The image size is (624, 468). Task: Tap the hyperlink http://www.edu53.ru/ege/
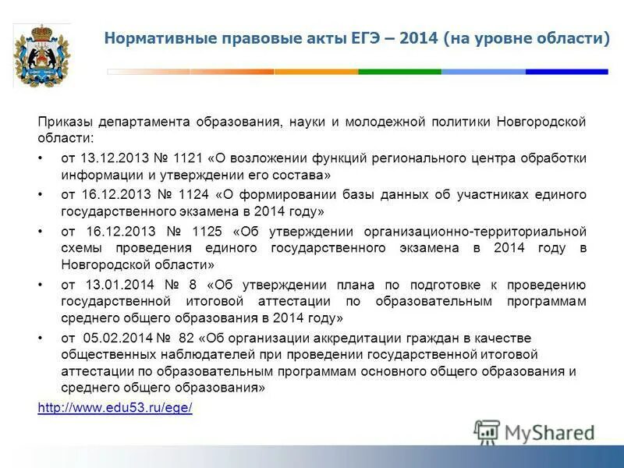click(x=115, y=408)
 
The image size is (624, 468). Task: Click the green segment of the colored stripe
click(x=399, y=72)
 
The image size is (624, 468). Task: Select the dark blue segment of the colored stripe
click(x=565, y=72)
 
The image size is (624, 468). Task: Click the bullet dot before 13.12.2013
click(x=41, y=158)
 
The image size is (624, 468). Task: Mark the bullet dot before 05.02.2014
click(x=41, y=339)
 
